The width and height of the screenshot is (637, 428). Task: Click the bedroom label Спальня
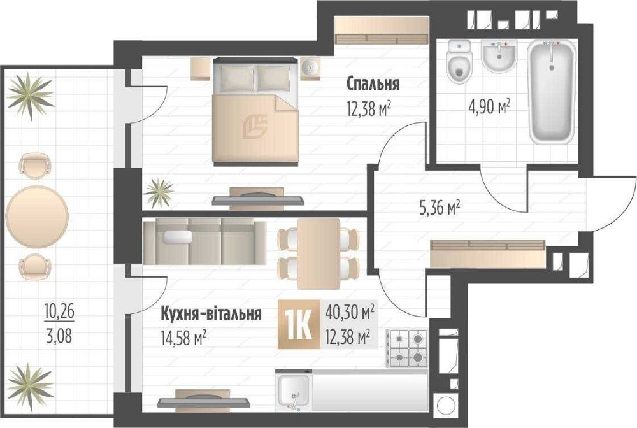[373, 83]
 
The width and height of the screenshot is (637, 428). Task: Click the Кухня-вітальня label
[210, 313]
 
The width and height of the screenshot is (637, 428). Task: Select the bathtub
[552, 92]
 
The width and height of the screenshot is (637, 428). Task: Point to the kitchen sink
[294, 390]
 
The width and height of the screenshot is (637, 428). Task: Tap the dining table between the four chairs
[319, 252]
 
